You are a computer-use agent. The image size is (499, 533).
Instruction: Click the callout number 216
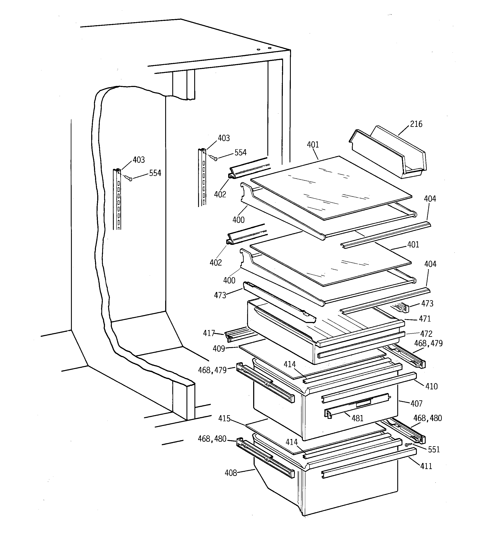coord(416,124)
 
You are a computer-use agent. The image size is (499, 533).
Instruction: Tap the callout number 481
coord(357,418)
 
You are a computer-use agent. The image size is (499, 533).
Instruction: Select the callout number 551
coord(434,450)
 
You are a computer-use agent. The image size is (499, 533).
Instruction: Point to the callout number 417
coord(209,333)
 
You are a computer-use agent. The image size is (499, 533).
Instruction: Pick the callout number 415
coord(224,418)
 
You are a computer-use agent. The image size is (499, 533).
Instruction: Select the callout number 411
coord(426,466)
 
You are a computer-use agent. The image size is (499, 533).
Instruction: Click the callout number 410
coord(431,386)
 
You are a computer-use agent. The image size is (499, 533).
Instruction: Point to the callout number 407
coord(416,404)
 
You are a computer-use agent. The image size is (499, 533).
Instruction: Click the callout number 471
coord(425,319)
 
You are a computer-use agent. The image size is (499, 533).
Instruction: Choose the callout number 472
coord(426,334)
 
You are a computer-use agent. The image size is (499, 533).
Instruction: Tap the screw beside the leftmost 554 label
coord(130,179)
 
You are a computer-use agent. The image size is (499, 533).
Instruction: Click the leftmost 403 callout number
coord(139,160)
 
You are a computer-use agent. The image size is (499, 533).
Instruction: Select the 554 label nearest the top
coord(240,152)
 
